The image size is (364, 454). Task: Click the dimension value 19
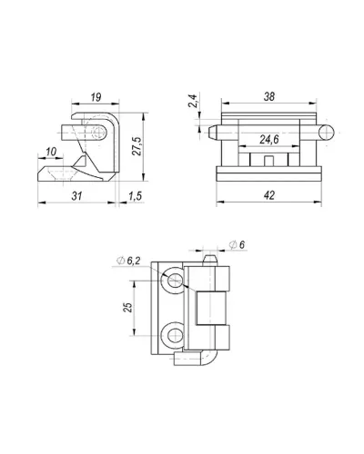click(96, 97)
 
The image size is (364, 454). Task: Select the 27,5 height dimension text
click(136, 146)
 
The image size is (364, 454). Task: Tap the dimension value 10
click(51, 152)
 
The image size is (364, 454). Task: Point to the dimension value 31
click(76, 196)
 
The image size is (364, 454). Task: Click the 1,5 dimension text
click(135, 196)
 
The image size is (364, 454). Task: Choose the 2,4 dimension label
click(193, 101)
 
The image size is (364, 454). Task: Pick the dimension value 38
click(269, 96)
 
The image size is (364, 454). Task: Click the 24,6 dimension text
click(268, 140)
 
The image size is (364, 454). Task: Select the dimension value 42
click(269, 195)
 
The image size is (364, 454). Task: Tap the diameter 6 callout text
click(237, 244)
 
